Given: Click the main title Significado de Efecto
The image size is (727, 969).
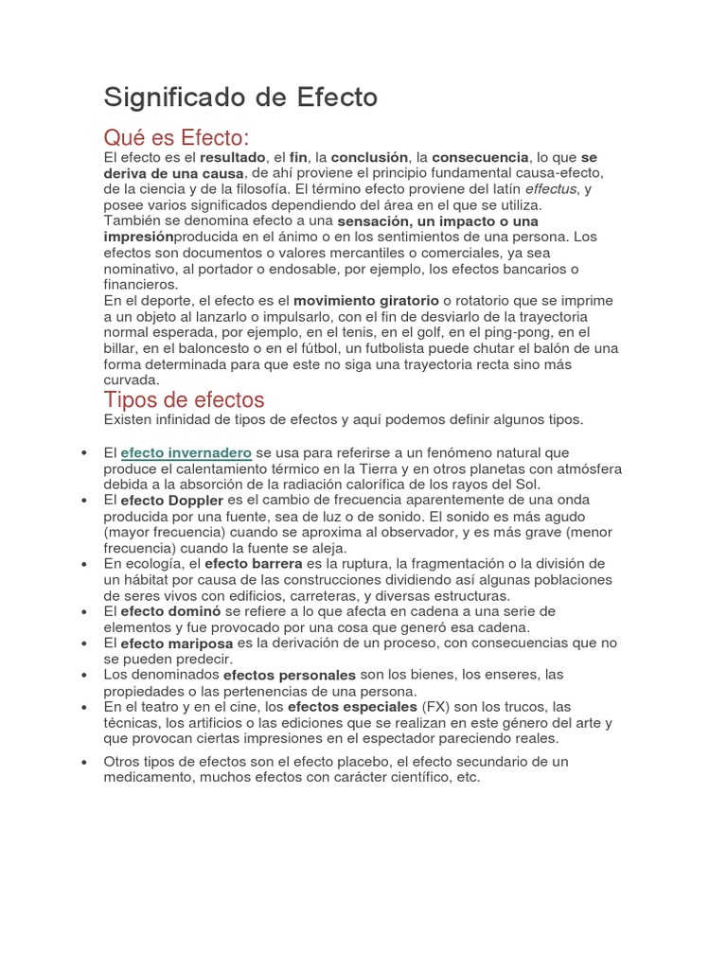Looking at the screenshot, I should click(x=240, y=97).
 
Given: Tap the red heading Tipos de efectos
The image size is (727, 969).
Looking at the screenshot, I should click(x=184, y=398).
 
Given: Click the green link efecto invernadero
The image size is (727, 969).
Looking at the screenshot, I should click(x=186, y=453).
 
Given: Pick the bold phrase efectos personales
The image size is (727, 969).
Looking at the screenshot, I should click(x=290, y=675).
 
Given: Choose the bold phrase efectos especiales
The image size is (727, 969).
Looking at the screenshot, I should click(x=352, y=707).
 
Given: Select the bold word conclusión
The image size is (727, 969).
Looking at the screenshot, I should click(x=369, y=157).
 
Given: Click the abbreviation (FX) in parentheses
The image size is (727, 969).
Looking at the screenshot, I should click(x=435, y=707).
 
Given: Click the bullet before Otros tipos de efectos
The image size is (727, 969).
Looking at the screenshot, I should click(x=86, y=762).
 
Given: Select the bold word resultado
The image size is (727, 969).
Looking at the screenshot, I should click(x=233, y=157).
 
